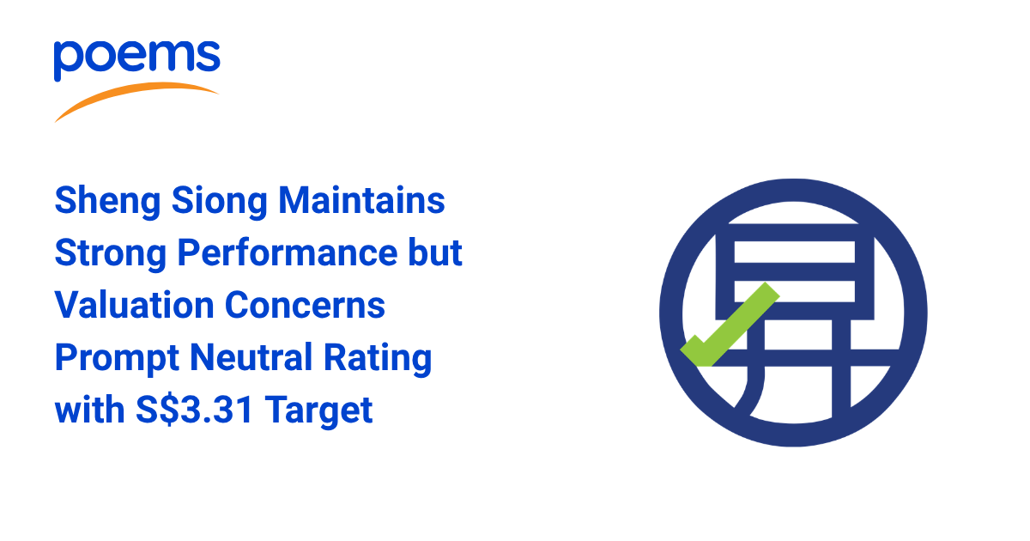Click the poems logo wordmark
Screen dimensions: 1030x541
(x=137, y=61)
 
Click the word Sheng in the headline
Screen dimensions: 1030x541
(x=107, y=202)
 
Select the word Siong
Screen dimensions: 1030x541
(x=220, y=202)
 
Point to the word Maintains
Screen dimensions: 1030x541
(x=362, y=201)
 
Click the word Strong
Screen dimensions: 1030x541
(x=111, y=254)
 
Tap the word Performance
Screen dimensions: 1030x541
(x=288, y=253)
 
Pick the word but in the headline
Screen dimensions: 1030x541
(x=435, y=252)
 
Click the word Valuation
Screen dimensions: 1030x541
(x=134, y=305)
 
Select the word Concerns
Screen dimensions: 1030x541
(x=305, y=305)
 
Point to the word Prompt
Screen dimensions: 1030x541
(x=117, y=358)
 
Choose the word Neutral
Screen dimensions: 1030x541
(x=251, y=357)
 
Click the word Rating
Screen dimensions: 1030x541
(x=378, y=358)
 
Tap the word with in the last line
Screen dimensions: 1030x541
(x=89, y=410)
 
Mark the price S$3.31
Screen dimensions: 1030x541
(x=194, y=410)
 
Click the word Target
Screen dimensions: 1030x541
(x=318, y=410)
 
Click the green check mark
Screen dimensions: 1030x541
(x=730, y=325)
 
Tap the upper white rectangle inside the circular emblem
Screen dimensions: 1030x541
(x=794, y=252)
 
